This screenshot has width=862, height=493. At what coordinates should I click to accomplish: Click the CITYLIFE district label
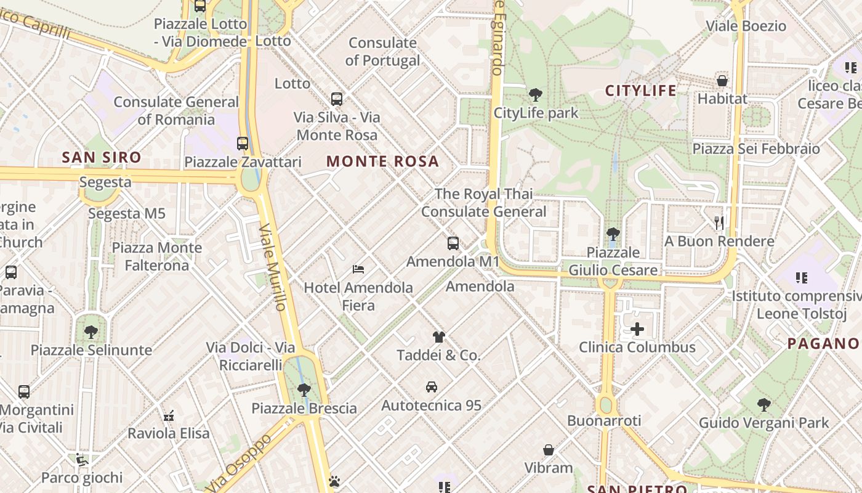641,91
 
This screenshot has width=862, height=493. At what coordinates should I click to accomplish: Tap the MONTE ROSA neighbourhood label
382,161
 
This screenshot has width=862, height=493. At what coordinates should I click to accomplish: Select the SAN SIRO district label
102,157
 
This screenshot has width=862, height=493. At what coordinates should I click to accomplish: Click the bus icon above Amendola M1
453,243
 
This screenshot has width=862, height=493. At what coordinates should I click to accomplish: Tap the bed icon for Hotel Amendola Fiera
358,269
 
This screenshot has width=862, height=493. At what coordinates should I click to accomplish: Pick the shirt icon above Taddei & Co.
438,337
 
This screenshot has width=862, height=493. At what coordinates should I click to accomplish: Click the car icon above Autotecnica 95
432,387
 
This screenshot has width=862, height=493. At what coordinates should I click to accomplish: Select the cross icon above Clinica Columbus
637,329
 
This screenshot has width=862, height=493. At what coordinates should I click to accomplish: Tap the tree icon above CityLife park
536,95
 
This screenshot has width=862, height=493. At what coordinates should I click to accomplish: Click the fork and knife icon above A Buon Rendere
719,222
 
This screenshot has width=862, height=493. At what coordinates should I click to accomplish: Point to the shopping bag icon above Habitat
722,81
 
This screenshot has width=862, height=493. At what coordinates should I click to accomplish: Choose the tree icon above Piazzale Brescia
304,389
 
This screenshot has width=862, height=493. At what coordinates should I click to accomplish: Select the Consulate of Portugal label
382,52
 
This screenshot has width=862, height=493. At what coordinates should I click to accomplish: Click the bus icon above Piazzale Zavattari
243,144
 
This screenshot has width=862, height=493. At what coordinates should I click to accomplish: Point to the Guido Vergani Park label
763,423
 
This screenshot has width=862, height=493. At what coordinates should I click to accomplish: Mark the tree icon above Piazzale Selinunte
91,332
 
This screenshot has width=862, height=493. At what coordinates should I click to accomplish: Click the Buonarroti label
604,421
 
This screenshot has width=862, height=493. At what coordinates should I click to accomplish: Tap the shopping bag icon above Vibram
549,450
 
